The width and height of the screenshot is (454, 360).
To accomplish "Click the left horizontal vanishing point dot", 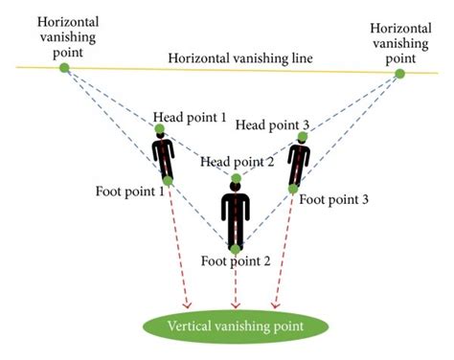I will [64, 68].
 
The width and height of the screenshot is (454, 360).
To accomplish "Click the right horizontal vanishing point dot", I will [399, 73].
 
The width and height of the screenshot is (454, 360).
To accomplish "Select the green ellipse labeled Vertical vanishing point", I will [236, 326].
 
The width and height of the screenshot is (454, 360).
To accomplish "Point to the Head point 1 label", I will [190, 117].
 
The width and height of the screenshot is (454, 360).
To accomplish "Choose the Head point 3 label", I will [273, 124].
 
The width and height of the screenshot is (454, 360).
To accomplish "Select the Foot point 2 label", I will [237, 259].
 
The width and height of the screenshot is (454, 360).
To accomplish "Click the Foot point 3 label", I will [333, 200].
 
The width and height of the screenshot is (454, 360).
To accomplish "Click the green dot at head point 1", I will [159, 129].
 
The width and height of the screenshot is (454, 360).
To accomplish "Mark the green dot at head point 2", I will [236, 179].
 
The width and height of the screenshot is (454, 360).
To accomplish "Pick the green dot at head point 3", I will [303, 137].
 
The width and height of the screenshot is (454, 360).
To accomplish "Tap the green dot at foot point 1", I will [168, 180].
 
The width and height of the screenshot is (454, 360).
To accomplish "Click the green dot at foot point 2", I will [236, 248].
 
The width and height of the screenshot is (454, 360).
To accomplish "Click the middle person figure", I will [236, 215].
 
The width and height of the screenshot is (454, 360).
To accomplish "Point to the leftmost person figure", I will [164, 156].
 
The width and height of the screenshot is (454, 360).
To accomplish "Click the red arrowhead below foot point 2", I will [236, 304].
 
